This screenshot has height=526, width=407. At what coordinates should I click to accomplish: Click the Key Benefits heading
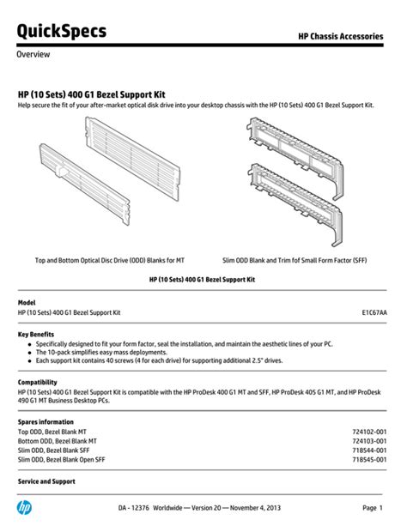36,333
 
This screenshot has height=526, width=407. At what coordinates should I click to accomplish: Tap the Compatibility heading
38,382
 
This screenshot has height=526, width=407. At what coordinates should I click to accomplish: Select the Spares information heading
46,422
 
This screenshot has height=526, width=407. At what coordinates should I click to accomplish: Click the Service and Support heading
46,481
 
